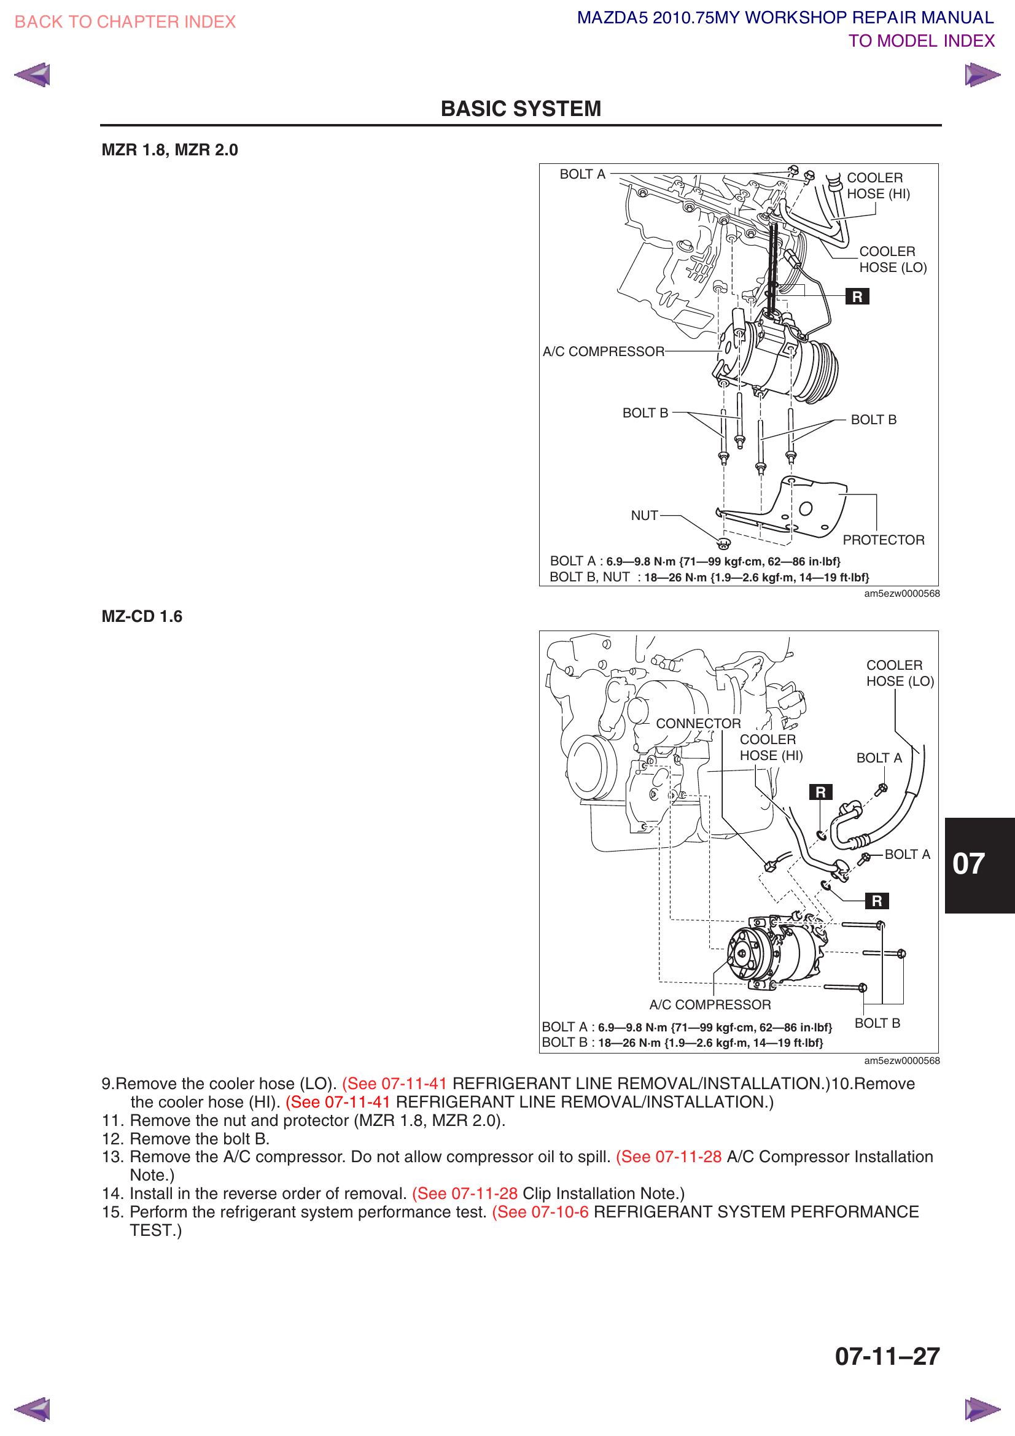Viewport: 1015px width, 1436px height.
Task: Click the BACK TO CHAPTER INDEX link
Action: (x=125, y=22)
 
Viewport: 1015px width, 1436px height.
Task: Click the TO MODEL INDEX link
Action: (x=920, y=41)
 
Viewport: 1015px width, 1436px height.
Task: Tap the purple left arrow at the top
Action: (x=32, y=75)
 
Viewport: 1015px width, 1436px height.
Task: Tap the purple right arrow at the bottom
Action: (x=982, y=1409)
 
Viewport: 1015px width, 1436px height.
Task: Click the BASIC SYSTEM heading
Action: (x=520, y=109)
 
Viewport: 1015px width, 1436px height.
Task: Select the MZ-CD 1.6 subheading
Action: (x=142, y=616)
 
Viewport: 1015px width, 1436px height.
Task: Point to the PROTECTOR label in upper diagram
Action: (x=883, y=540)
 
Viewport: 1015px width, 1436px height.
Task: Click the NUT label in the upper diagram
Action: (x=644, y=515)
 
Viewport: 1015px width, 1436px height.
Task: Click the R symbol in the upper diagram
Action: (x=857, y=297)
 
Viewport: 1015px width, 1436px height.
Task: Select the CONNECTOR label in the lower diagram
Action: (x=698, y=724)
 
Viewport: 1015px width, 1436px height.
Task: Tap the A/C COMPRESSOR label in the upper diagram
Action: (x=604, y=352)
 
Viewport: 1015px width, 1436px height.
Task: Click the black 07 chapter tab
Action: (x=978, y=865)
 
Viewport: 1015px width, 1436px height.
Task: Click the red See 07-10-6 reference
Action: (x=540, y=1212)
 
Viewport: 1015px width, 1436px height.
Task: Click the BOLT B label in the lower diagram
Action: (x=877, y=1023)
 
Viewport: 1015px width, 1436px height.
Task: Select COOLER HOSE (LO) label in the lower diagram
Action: (x=900, y=673)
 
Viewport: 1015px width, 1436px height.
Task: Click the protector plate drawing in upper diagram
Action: (x=813, y=510)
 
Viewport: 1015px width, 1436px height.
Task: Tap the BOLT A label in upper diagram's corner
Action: (x=582, y=174)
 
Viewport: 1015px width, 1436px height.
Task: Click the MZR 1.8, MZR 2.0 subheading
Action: (x=169, y=150)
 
